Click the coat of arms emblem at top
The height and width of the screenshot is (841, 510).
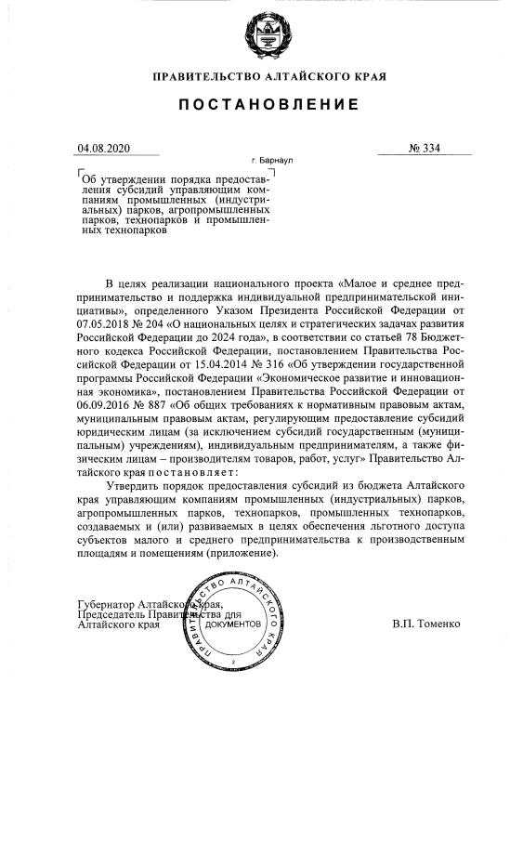(269, 35)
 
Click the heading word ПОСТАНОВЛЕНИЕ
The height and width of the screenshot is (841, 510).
(269, 105)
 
